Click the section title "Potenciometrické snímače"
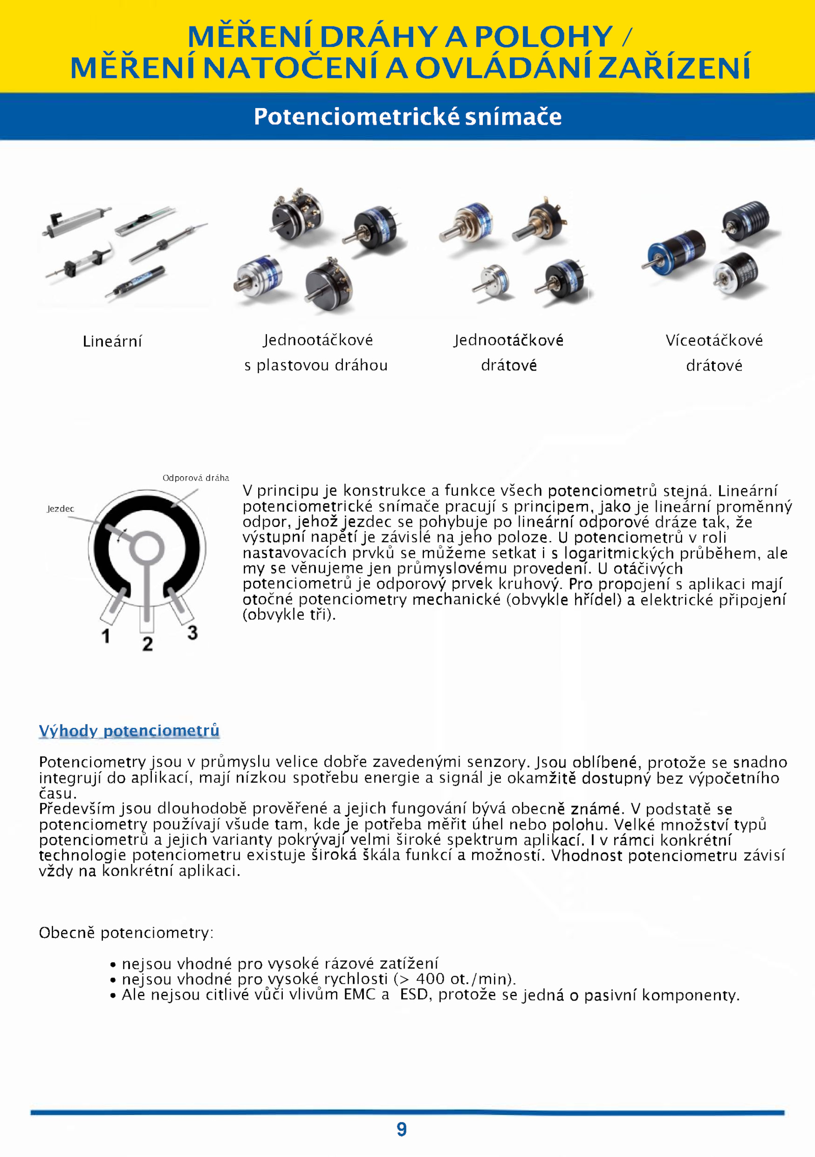click(407, 117)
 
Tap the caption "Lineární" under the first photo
click(112, 341)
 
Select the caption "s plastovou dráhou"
click(316, 365)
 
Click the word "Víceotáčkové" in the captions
click(714, 340)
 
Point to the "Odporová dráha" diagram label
click(196, 477)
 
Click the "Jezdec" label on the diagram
click(60, 508)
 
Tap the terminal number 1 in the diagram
click(105, 636)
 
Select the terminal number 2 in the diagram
click(147, 643)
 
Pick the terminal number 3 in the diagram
click(192, 632)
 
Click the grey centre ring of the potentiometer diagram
click(147, 548)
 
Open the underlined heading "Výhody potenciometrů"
click(129, 730)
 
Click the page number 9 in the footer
click(401, 1129)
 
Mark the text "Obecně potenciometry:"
click(126, 932)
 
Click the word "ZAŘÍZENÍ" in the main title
click(674, 68)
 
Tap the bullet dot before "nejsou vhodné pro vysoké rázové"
click(113, 964)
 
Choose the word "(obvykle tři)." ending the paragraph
click(289, 614)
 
